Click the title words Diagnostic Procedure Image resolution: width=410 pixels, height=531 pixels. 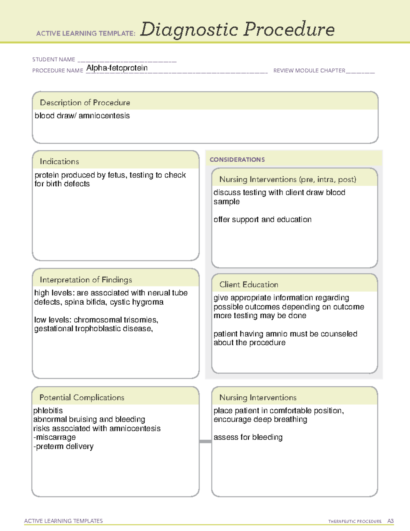[237, 29]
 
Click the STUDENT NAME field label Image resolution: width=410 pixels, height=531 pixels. [54, 59]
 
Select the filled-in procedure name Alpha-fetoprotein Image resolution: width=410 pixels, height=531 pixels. [117, 68]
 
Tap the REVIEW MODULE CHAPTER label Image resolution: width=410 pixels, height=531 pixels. [309, 70]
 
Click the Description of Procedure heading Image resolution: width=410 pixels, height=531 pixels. [85, 103]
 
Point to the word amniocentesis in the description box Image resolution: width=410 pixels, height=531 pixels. [104, 116]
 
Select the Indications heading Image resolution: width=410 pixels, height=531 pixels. [59, 161]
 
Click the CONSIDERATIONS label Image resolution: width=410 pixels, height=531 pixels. [237, 160]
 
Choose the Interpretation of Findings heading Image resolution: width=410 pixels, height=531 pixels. [86, 280]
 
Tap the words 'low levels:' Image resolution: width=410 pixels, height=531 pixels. [53, 320]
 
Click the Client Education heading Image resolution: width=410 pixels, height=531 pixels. [249, 284]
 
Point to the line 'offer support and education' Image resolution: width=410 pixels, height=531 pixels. [262, 220]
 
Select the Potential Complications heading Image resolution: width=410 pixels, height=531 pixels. [82, 397]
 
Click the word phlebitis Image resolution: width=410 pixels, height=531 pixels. [48, 411]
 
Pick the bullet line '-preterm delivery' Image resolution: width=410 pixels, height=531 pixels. [64, 447]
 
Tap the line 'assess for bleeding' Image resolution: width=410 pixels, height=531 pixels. [248, 437]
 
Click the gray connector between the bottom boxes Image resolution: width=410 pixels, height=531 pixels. [205, 441]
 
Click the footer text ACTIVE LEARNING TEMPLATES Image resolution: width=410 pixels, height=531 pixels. [64, 521]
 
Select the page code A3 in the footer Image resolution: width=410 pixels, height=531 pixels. [390, 521]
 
